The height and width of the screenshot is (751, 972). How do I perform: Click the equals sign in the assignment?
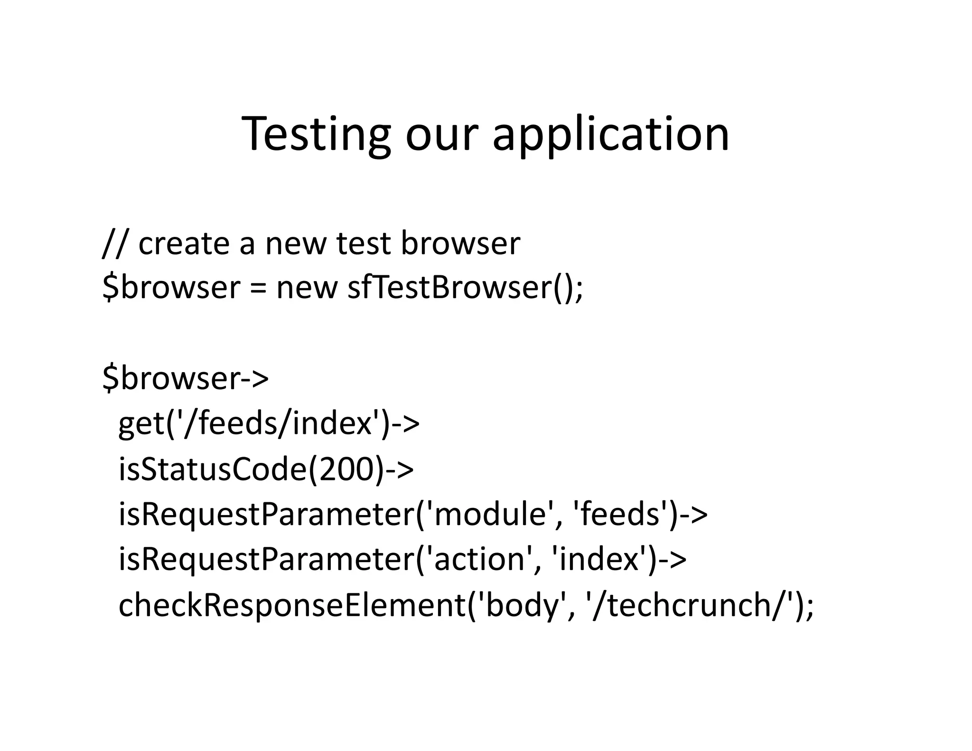[258, 287]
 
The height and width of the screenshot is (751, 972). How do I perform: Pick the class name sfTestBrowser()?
[465, 287]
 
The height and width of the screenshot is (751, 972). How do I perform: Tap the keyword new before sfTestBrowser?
[307, 287]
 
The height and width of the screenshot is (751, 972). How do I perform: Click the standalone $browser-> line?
[186, 378]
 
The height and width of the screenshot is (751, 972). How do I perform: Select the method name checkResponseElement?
[292, 605]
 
